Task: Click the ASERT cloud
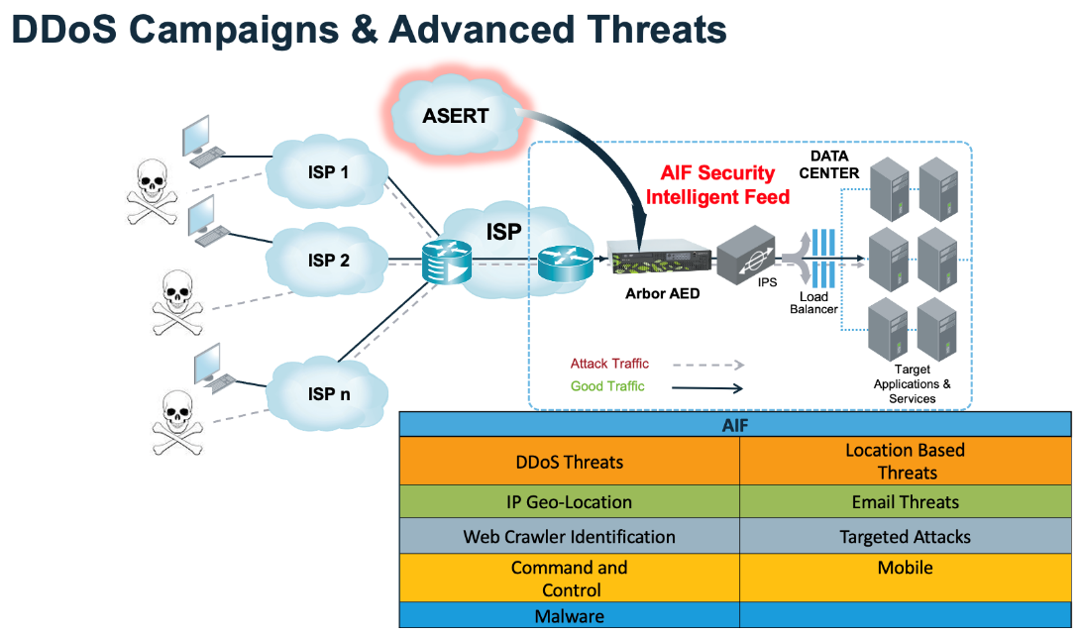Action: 455,117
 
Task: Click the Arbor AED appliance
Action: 662,263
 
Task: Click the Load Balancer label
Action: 813,302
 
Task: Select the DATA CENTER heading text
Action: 834,164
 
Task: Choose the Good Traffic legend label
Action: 607,386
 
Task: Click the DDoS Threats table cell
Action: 570,462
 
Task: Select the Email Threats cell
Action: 905,502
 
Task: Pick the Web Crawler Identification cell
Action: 570,537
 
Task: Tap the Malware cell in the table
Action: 570,615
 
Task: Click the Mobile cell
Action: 905,569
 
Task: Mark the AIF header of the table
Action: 735,424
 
